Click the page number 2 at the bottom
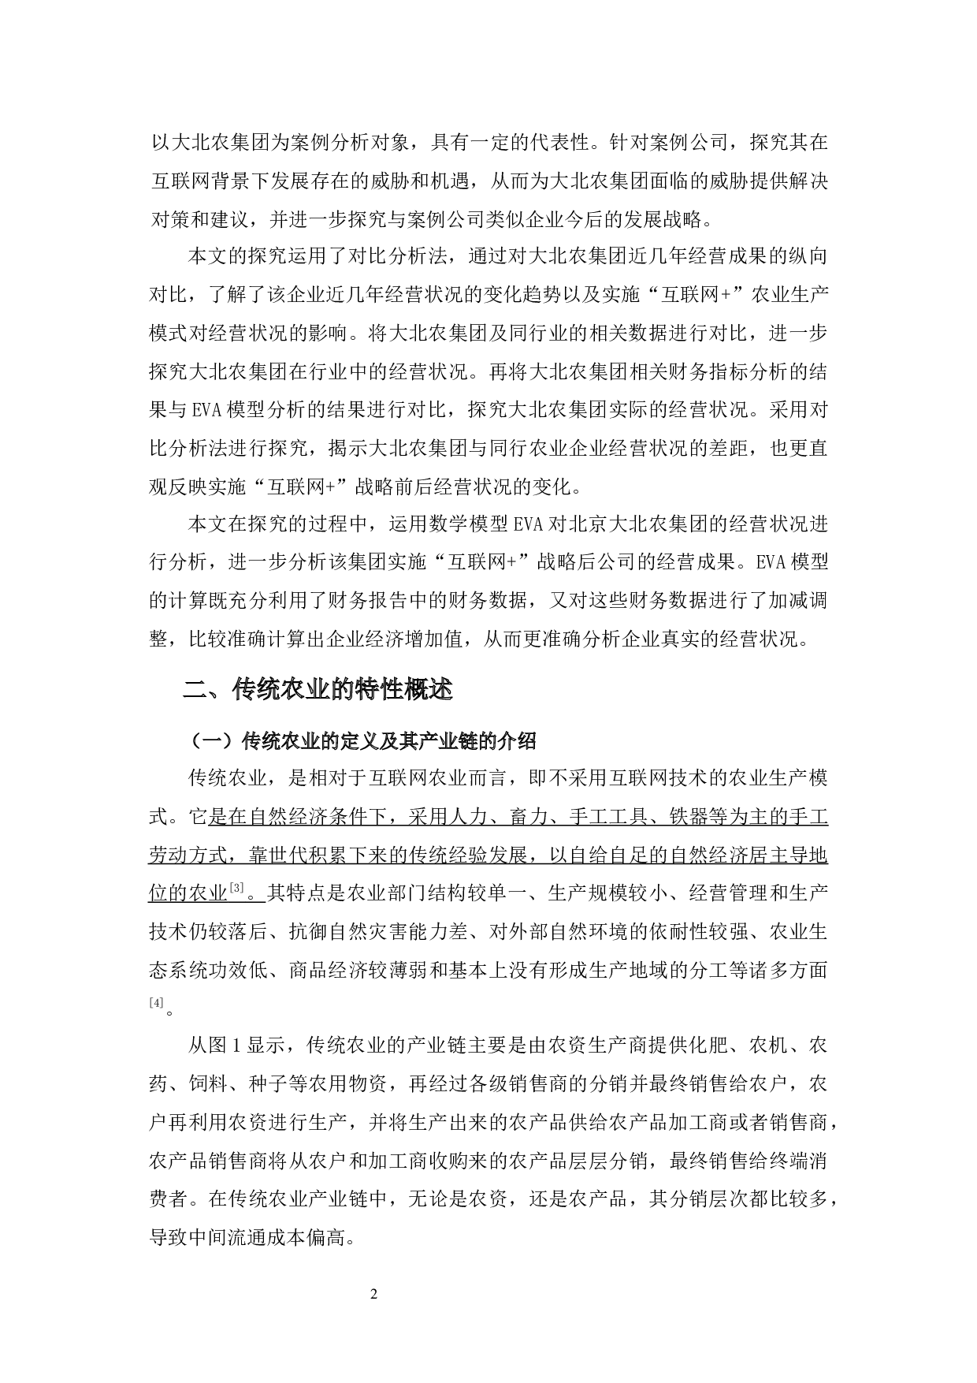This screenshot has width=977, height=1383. tap(374, 1294)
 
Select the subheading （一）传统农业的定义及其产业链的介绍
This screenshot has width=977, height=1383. tap(363, 741)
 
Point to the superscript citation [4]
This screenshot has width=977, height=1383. tap(156, 1002)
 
